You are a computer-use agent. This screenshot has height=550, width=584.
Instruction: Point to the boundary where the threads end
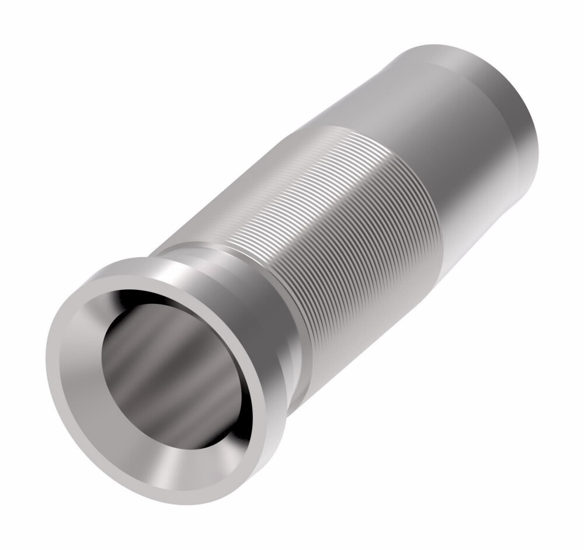click(x=409, y=175)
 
